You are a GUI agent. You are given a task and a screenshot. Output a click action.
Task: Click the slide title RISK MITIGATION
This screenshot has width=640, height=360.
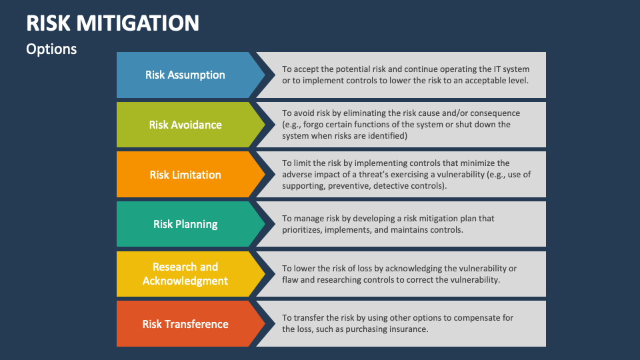[113, 23]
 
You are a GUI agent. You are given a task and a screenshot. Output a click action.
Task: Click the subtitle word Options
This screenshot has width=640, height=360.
[51, 49]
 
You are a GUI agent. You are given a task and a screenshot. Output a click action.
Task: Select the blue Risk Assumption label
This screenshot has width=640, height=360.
[185, 75]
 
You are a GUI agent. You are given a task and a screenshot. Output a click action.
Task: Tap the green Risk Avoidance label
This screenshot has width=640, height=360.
[185, 125]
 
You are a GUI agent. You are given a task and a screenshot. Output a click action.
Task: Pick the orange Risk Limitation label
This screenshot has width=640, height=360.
[185, 175]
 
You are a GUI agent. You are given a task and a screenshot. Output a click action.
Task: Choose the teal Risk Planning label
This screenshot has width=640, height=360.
[185, 224]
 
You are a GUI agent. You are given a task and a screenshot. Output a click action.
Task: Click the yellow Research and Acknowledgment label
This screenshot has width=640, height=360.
[185, 274]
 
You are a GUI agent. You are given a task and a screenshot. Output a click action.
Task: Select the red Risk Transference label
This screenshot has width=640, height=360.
[185, 324]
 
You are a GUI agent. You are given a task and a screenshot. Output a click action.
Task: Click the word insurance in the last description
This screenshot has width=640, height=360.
[406, 329]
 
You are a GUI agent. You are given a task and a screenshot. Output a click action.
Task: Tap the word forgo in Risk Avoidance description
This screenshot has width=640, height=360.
[314, 125]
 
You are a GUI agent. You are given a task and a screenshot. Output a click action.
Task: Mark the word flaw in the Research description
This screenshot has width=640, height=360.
[291, 280]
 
